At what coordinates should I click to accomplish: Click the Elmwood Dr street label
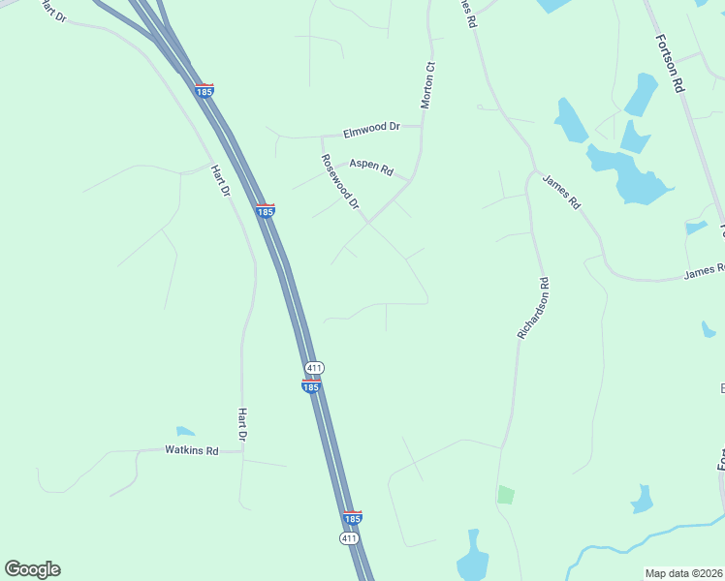tap(372, 128)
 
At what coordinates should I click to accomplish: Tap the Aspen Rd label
tap(371, 168)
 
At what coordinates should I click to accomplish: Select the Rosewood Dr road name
tap(340, 182)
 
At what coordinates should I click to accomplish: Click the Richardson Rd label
tap(533, 308)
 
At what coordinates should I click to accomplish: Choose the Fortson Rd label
tap(670, 63)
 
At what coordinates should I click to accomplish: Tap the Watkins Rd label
tap(191, 450)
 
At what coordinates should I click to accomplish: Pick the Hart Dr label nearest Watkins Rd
tap(242, 425)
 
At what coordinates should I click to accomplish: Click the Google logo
tap(32, 569)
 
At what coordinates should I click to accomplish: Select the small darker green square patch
tap(506, 495)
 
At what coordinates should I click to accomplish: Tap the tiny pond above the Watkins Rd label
tap(185, 431)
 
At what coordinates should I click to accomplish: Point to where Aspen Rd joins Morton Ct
tap(411, 180)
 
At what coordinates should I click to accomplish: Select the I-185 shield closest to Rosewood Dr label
tap(265, 210)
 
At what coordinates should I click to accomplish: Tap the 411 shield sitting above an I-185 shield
tap(313, 368)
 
